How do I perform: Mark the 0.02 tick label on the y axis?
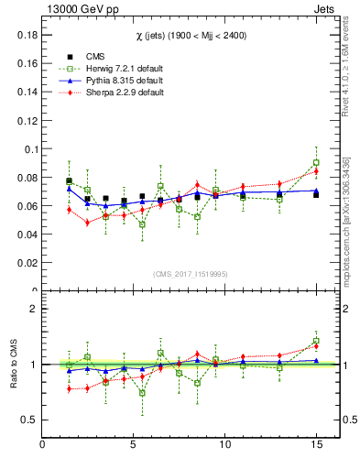tap(27, 263)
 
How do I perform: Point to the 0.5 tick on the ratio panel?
tap(29, 420)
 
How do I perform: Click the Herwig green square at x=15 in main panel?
tap(316, 163)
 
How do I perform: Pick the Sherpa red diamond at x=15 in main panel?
tap(316, 171)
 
